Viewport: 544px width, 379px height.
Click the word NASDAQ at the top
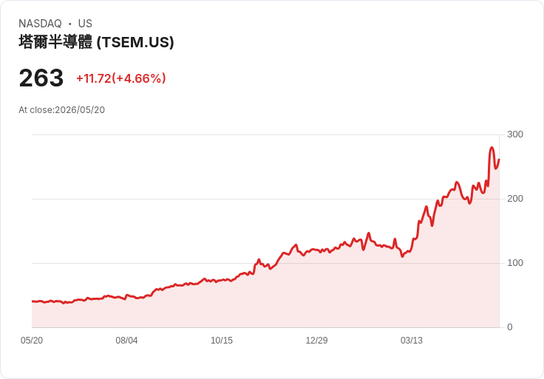[40, 24]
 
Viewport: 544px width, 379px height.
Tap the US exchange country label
[85, 24]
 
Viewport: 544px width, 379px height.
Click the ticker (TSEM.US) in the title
[135, 42]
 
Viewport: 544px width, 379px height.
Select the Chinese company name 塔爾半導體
[55, 42]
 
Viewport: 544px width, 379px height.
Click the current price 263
[41, 78]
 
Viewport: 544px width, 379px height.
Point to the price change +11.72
[94, 78]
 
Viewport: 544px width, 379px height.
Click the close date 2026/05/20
[80, 110]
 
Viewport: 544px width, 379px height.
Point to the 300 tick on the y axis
[515, 134]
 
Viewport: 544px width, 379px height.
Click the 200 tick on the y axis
[515, 199]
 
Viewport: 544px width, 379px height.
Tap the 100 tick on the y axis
[515, 263]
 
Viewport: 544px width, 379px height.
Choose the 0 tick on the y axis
[510, 327]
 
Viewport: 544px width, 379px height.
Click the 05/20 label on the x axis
[32, 341]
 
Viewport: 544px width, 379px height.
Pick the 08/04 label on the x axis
[126, 341]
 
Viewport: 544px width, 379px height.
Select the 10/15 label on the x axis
[222, 341]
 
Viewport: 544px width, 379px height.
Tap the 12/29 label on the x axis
[316, 341]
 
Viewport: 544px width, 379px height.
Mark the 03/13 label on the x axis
[412, 341]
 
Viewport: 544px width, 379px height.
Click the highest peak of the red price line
[492, 148]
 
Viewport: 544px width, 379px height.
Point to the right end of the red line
[499, 160]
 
